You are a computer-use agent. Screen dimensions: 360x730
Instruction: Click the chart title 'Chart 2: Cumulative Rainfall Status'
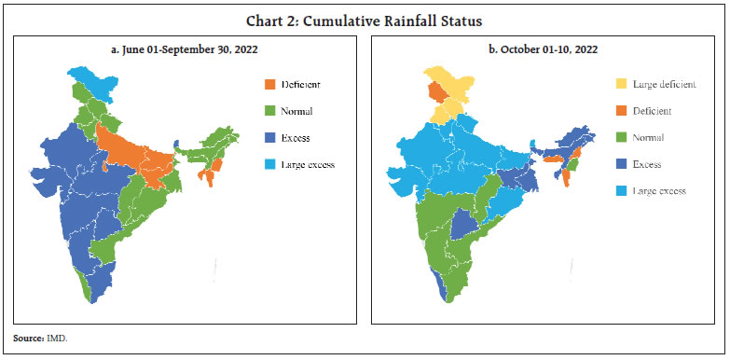(x=365, y=18)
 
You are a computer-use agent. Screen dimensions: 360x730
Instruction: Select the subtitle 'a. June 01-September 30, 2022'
(x=184, y=49)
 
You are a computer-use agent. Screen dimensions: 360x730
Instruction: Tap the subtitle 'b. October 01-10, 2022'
(x=543, y=49)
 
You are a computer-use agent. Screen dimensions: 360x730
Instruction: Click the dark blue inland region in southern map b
(x=464, y=225)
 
